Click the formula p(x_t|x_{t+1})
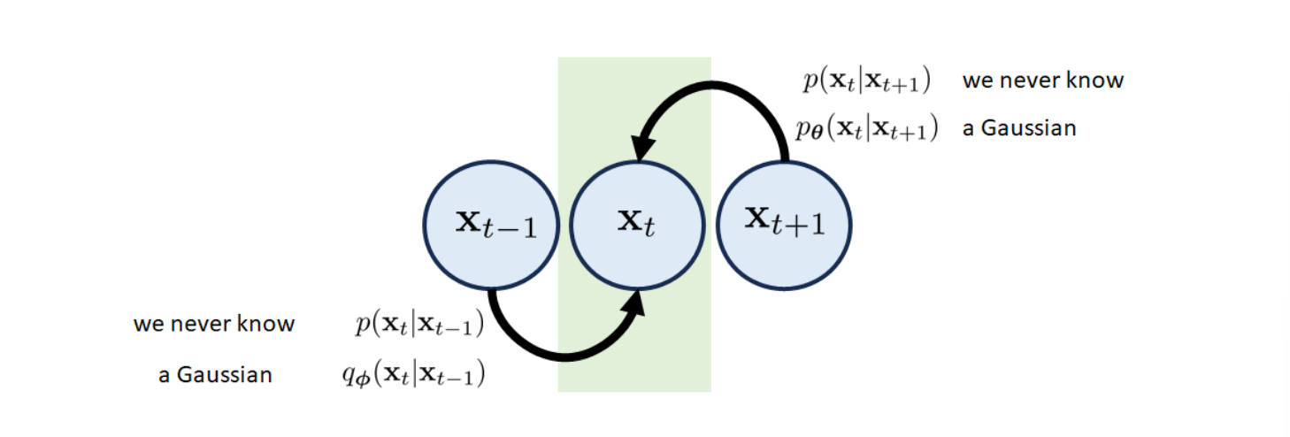[x=866, y=81]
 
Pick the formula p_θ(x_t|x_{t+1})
[x=865, y=129]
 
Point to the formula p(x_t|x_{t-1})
[x=419, y=325]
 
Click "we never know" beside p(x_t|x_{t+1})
[x=1042, y=80]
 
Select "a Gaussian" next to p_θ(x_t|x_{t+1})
[x=1019, y=128]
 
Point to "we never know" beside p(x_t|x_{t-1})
[x=214, y=324]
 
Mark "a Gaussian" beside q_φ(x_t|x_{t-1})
[x=215, y=375]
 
